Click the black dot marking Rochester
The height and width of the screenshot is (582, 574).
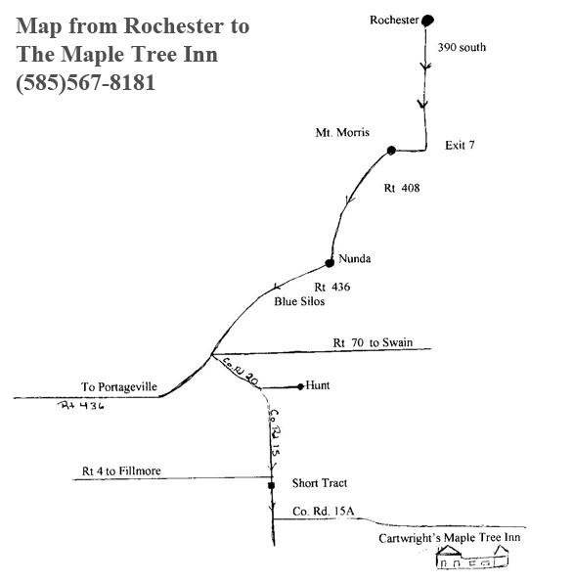pyautogui.click(x=427, y=21)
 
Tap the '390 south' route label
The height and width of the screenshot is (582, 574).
pyautogui.click(x=462, y=47)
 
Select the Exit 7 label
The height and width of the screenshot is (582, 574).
pyautogui.click(x=460, y=145)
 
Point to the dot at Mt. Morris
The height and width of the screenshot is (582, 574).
pyautogui.click(x=391, y=151)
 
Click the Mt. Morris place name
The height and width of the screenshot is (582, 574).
pyautogui.click(x=342, y=132)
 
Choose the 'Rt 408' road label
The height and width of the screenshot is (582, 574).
pyautogui.click(x=402, y=188)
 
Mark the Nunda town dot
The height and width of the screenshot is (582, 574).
pyautogui.click(x=330, y=263)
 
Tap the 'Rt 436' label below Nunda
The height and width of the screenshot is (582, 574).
pyautogui.click(x=332, y=287)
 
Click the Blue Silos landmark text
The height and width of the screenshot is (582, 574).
pyautogui.click(x=299, y=301)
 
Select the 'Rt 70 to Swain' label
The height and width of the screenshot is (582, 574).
pyautogui.click(x=373, y=342)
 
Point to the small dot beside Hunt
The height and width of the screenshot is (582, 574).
pyautogui.click(x=300, y=386)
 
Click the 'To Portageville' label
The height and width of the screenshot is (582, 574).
pyautogui.click(x=119, y=386)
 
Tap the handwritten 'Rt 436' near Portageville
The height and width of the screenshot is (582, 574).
pyautogui.click(x=81, y=405)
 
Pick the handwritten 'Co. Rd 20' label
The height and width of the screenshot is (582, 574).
pyautogui.click(x=241, y=371)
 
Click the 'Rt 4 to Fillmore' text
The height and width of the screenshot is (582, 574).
pyautogui.click(x=121, y=471)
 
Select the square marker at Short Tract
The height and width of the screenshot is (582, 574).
pyautogui.click(x=271, y=485)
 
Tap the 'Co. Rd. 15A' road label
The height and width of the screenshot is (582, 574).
pyautogui.click(x=323, y=512)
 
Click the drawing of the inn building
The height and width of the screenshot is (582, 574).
pyautogui.click(x=472, y=557)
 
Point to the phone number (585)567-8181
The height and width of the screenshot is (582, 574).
pyautogui.click(x=85, y=82)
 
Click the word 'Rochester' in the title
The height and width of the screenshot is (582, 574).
pyautogui.click(x=174, y=26)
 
